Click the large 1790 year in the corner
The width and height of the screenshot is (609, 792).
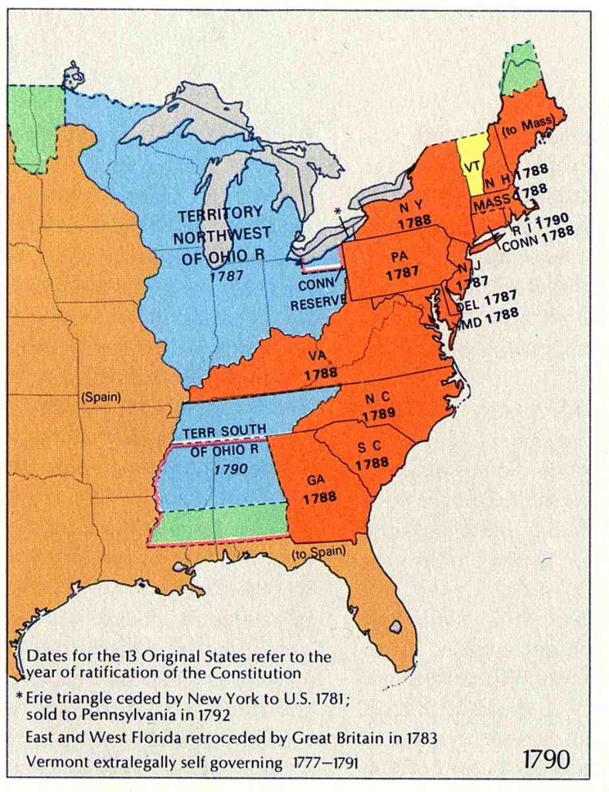pyautogui.click(x=546, y=759)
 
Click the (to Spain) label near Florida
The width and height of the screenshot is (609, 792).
pyautogui.click(x=318, y=552)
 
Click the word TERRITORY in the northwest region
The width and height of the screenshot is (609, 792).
pyautogui.click(x=220, y=213)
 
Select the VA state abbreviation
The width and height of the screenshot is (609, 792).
pyautogui.click(x=315, y=356)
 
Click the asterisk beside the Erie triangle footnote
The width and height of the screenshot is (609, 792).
pyautogui.click(x=19, y=696)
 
